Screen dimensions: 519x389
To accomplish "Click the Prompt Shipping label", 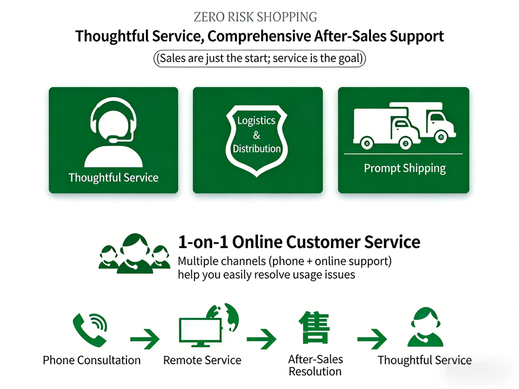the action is coord(404,168).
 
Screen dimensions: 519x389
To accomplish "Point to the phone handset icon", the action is coord(89,328).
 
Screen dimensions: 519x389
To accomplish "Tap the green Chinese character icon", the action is coord(314,327).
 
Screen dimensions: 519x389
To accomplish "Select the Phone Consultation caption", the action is coord(91,360).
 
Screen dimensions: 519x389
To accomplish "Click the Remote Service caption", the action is coord(202,360).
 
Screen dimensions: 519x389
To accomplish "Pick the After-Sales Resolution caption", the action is coord(315,365).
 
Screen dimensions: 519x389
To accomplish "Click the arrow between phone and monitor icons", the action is coord(144,339).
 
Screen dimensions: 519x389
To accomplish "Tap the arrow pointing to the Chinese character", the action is coord(262,339).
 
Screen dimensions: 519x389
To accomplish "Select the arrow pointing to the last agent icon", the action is coord(372,339).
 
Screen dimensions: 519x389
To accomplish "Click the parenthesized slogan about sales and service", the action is coord(259,58).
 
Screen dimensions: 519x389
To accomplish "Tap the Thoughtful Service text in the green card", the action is coord(114,177).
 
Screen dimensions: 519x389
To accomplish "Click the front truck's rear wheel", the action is coord(367,143).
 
